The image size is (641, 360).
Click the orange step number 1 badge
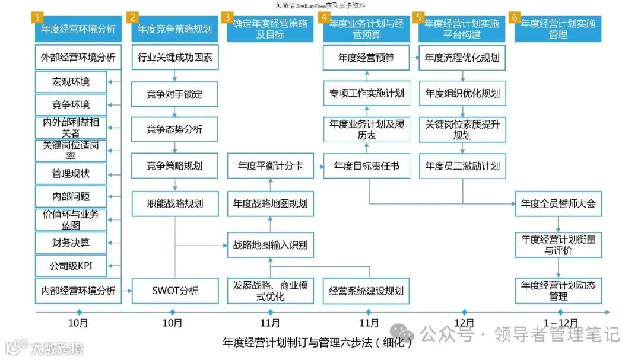[39, 17]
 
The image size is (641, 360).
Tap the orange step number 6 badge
[515, 17]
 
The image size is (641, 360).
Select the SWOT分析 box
[174, 291]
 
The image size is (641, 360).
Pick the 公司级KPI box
[71, 266]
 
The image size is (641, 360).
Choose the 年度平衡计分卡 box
[270, 166]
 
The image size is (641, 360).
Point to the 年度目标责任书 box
[366, 166]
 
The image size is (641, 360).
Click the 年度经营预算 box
[366, 58]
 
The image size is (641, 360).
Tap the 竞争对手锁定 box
[174, 94]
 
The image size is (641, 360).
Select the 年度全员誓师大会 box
[558, 204]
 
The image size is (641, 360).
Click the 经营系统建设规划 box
[366, 291]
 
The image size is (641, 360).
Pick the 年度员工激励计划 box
[462, 166]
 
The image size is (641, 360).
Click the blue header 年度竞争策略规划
[174, 28]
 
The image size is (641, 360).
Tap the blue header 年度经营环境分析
[78, 28]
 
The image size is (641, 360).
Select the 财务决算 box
[71, 243]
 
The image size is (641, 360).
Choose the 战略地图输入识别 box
[270, 245]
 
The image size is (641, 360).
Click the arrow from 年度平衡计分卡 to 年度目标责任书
[318, 166]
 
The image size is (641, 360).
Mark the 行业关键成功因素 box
[174, 58]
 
